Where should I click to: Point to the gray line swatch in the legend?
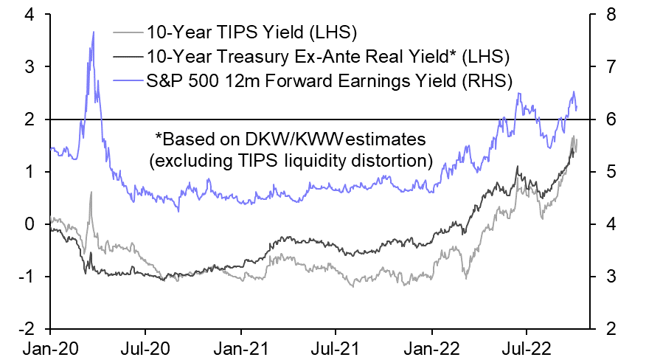pos(128,33)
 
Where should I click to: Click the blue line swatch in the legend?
pos(128,77)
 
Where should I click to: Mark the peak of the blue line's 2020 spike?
pos(93,32)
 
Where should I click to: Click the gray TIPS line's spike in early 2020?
pos(91,193)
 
